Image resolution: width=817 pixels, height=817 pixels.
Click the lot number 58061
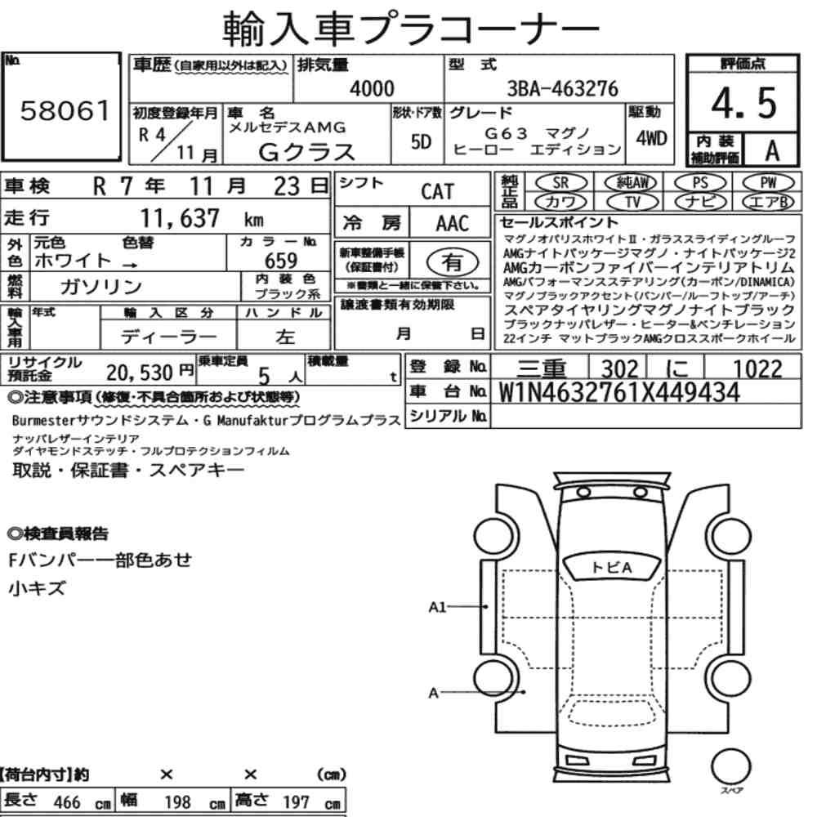pos(65,110)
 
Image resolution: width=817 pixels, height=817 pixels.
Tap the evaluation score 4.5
pos(743,103)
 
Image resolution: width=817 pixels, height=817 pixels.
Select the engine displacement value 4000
pos(372,88)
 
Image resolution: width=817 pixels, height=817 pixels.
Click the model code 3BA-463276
pos(562,88)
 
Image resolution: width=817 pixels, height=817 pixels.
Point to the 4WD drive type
pos(651,138)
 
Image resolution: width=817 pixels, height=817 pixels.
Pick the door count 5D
pos(421,141)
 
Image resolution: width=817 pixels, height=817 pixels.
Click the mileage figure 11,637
pos(180,218)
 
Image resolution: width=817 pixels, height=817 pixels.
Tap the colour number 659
pos(281,260)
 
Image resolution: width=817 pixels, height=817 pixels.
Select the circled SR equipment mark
pos(561,182)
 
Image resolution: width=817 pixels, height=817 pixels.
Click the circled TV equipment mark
pos(632,202)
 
